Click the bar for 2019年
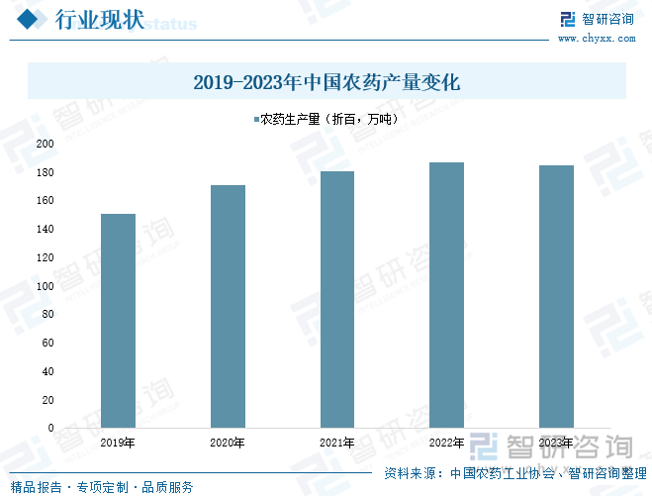point(118,321)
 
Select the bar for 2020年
point(228,307)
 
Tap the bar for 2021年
point(336,300)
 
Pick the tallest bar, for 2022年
point(446,295)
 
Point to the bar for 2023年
point(556,297)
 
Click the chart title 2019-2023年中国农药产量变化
point(326,82)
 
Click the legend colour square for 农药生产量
point(256,120)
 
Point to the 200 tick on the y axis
point(46,144)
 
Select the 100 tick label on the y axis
point(46,286)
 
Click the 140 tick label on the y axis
point(46,229)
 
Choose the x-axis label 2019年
point(118,443)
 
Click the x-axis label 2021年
point(336,443)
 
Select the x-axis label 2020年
point(228,443)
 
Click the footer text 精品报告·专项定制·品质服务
point(102,486)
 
